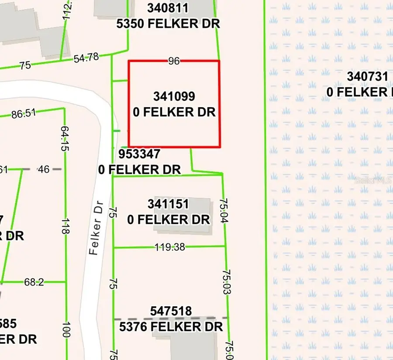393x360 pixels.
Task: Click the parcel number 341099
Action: click(x=174, y=96)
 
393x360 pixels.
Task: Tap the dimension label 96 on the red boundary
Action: click(x=174, y=61)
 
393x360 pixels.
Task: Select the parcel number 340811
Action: click(x=168, y=8)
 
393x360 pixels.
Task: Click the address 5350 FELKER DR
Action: click(x=168, y=23)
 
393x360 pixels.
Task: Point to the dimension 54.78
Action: click(x=86, y=57)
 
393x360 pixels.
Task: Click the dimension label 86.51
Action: click(x=24, y=114)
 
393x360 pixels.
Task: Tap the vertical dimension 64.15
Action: click(x=65, y=139)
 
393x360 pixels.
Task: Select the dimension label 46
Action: click(x=44, y=169)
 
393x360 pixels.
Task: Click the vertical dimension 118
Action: click(x=65, y=226)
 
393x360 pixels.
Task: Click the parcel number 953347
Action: click(x=139, y=154)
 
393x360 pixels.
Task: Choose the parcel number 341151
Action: click(x=168, y=204)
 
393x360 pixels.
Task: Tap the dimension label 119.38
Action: click(x=170, y=247)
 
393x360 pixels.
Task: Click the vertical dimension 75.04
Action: click(x=224, y=211)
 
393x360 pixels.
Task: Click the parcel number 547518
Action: click(x=171, y=311)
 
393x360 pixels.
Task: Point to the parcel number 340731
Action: click(x=367, y=76)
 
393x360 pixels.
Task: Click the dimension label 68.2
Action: click(x=34, y=282)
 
